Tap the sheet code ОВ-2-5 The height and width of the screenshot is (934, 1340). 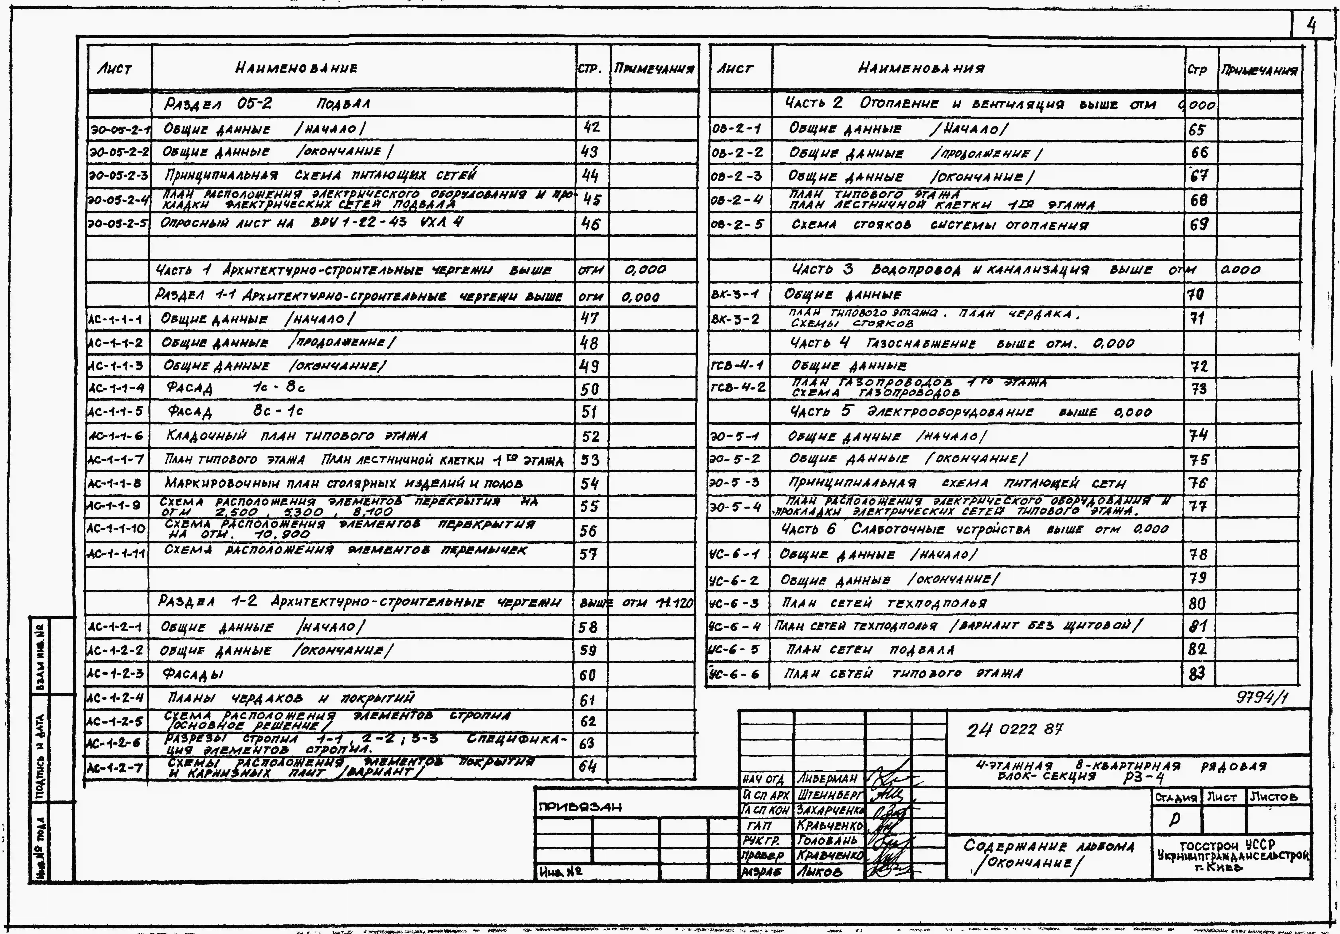tap(737, 224)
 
